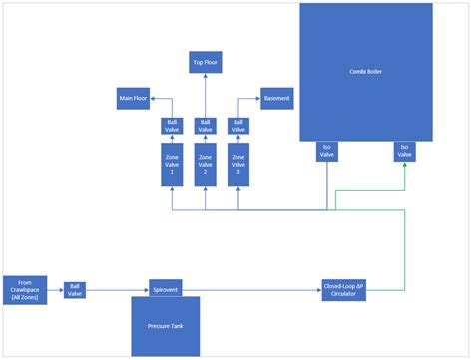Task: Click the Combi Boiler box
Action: tap(366, 71)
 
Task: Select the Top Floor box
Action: tap(205, 63)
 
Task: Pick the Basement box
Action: tap(275, 98)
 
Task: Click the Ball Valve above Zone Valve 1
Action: tap(172, 126)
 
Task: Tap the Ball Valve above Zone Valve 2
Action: tap(205, 126)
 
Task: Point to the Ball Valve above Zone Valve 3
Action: tap(237, 126)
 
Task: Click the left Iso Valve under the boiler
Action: tap(327, 151)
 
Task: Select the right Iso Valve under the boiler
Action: tap(404, 151)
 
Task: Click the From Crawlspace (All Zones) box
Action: tap(24, 290)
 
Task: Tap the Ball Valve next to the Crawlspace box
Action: tap(76, 290)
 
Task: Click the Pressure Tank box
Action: tap(165, 326)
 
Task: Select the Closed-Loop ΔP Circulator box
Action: tap(346, 289)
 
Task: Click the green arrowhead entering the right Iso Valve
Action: tap(404, 165)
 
